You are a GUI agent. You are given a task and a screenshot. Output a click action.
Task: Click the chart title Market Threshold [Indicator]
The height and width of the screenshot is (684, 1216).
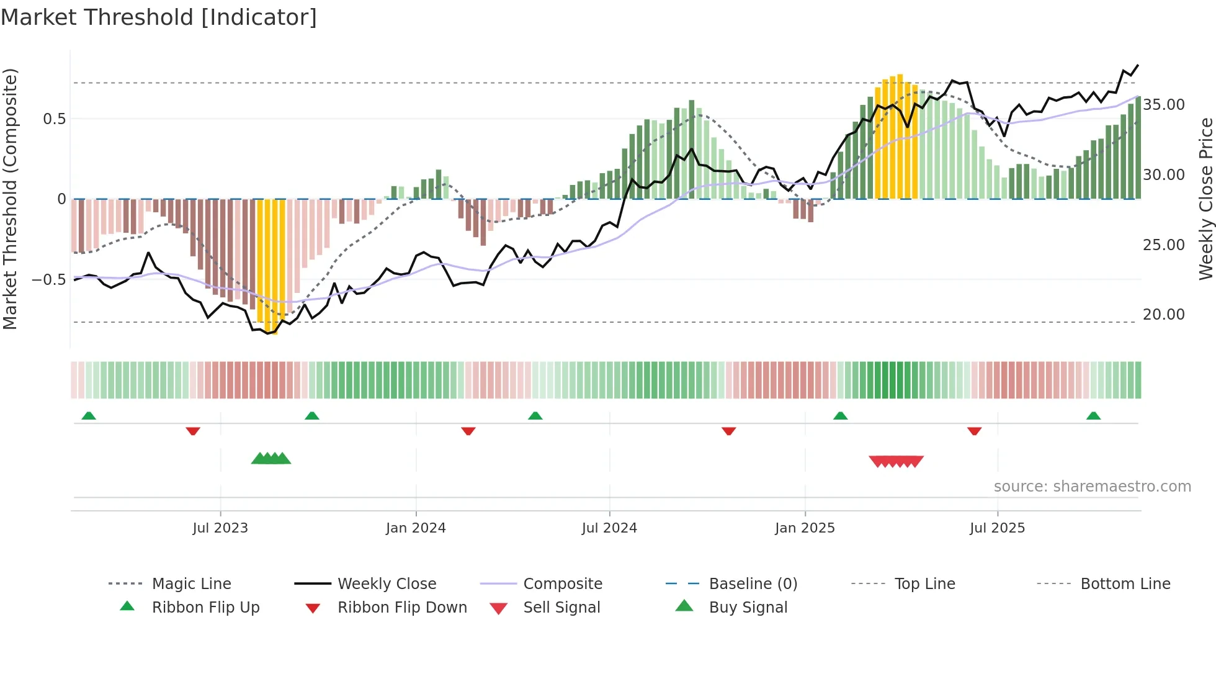coord(159,17)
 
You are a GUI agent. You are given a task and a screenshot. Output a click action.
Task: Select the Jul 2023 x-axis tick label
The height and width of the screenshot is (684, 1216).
coord(220,528)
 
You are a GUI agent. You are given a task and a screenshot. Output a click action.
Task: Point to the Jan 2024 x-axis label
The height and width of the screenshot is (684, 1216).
coord(416,528)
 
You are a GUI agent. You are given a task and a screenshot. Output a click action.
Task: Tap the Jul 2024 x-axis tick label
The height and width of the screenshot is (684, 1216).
coord(609,528)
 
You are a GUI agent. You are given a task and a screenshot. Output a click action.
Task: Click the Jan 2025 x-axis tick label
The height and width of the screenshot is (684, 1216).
coord(805,528)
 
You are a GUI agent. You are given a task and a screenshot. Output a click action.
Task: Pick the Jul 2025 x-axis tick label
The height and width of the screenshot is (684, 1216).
coord(997,528)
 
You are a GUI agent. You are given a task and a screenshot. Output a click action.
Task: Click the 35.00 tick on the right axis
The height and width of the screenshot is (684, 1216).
coord(1164,105)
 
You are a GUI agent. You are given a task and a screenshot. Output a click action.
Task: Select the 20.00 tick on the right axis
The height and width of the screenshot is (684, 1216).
coord(1164,315)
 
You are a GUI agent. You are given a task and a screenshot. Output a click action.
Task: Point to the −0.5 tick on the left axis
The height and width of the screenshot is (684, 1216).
coord(49,280)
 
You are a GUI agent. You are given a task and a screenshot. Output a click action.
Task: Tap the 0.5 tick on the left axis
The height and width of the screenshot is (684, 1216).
coord(55,119)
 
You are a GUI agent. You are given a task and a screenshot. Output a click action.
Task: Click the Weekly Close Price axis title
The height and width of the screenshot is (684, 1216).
coord(1205,199)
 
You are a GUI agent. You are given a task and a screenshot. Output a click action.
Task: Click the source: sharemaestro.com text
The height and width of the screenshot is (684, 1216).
coord(1092,487)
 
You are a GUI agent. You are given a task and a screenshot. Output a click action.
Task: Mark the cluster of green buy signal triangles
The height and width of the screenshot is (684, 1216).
coord(271,459)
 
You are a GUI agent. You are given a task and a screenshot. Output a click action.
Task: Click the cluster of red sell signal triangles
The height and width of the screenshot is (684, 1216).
coord(896,461)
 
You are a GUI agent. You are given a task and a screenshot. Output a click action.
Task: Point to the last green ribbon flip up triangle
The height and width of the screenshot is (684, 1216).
coord(1093,416)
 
